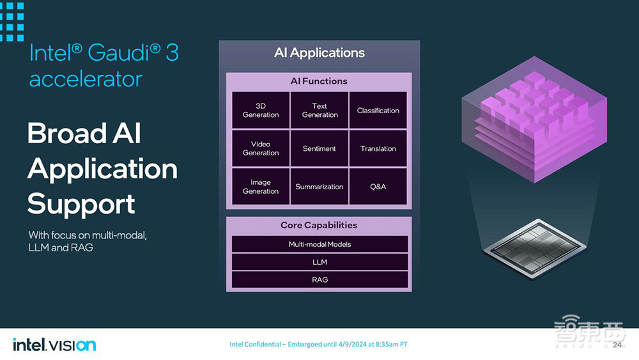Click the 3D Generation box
[261, 110]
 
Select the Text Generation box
[319, 110]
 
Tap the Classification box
[378, 110]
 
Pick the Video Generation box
[261, 148]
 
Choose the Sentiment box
[319, 148]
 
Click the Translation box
[378, 148]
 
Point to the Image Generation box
[261, 186]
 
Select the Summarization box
[319, 186]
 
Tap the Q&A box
[378, 186]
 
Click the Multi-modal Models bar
[319, 244]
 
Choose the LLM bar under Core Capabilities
[319, 262]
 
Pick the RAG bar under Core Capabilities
[319, 279]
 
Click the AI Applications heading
[319, 52]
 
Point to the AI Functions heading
[319, 81]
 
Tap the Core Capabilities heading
[319, 225]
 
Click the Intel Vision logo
[54, 345]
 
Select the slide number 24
[617, 345]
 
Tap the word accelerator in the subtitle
[86, 79]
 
